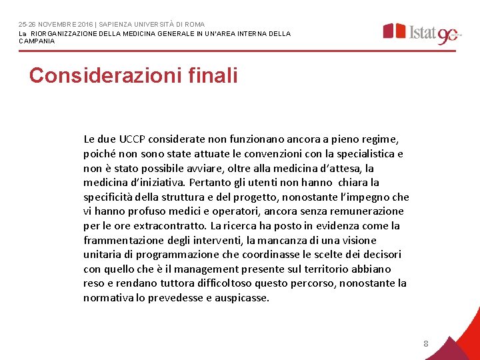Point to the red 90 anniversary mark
pyautogui.click(x=448, y=35)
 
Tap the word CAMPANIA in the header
pyautogui.click(x=37, y=41)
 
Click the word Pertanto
pyautogui.click(x=211, y=182)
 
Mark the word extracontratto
pyautogui.click(x=170, y=226)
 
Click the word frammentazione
pyautogui.click(x=124, y=240)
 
